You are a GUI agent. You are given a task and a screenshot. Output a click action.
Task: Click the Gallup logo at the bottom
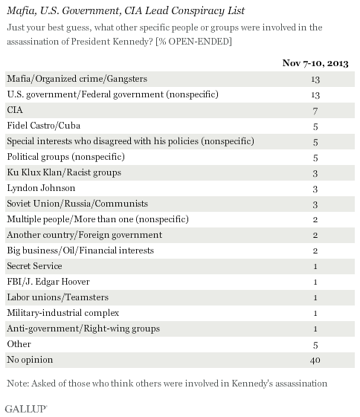pyautogui.click(x=26, y=409)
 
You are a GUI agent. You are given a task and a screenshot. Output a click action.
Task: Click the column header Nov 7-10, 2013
pyautogui.click(x=315, y=63)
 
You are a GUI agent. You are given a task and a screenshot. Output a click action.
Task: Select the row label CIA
pyautogui.click(x=15, y=110)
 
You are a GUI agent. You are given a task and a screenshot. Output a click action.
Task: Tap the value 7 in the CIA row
pyautogui.click(x=315, y=111)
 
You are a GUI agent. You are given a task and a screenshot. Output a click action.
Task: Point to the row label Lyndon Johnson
pyautogui.click(x=41, y=188)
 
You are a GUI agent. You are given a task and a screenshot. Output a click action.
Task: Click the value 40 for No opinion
pyautogui.click(x=315, y=360)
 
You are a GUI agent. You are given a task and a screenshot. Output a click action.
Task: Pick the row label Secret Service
pyautogui.click(x=34, y=266)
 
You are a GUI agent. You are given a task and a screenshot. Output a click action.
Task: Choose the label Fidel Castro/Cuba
pyautogui.click(x=44, y=126)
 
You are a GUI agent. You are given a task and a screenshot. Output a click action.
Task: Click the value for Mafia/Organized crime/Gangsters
pyautogui.click(x=315, y=80)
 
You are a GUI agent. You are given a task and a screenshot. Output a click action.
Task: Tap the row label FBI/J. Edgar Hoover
pyautogui.click(x=48, y=282)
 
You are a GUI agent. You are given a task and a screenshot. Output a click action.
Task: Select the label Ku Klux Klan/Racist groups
pyautogui.click(x=64, y=172)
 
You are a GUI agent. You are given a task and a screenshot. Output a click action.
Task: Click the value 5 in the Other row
pyautogui.click(x=315, y=345)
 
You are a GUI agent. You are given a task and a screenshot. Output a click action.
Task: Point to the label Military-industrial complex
pyautogui.click(x=63, y=313)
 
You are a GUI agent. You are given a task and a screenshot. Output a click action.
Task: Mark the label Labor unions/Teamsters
pyautogui.click(x=58, y=297)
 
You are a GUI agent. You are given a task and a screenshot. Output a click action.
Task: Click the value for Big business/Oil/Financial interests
pyautogui.click(x=315, y=250)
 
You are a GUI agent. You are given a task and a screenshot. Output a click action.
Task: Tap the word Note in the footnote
pyautogui.click(x=18, y=384)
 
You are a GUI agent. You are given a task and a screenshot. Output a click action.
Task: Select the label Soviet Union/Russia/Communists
pyautogui.click(x=77, y=204)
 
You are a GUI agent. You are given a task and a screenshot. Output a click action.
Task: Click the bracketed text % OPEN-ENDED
pyautogui.click(x=193, y=42)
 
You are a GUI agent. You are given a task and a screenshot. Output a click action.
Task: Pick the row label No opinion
pyautogui.click(x=30, y=360)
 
